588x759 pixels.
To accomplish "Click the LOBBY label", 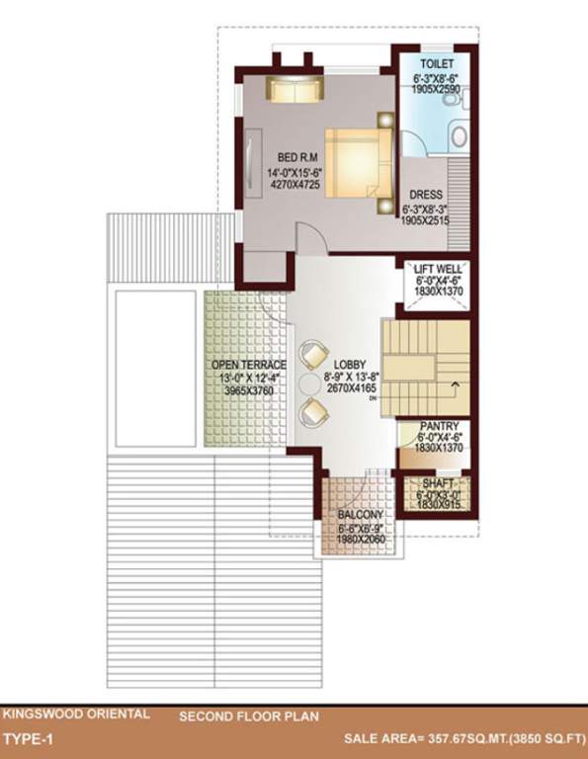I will [x=349, y=364].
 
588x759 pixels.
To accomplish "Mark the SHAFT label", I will [x=439, y=483].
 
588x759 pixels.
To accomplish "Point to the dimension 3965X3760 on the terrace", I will [x=248, y=391].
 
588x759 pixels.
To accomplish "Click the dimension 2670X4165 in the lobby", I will [x=348, y=389].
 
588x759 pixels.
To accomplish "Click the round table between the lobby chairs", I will [x=310, y=380].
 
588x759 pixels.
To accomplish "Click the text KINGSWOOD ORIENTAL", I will [x=77, y=713].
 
